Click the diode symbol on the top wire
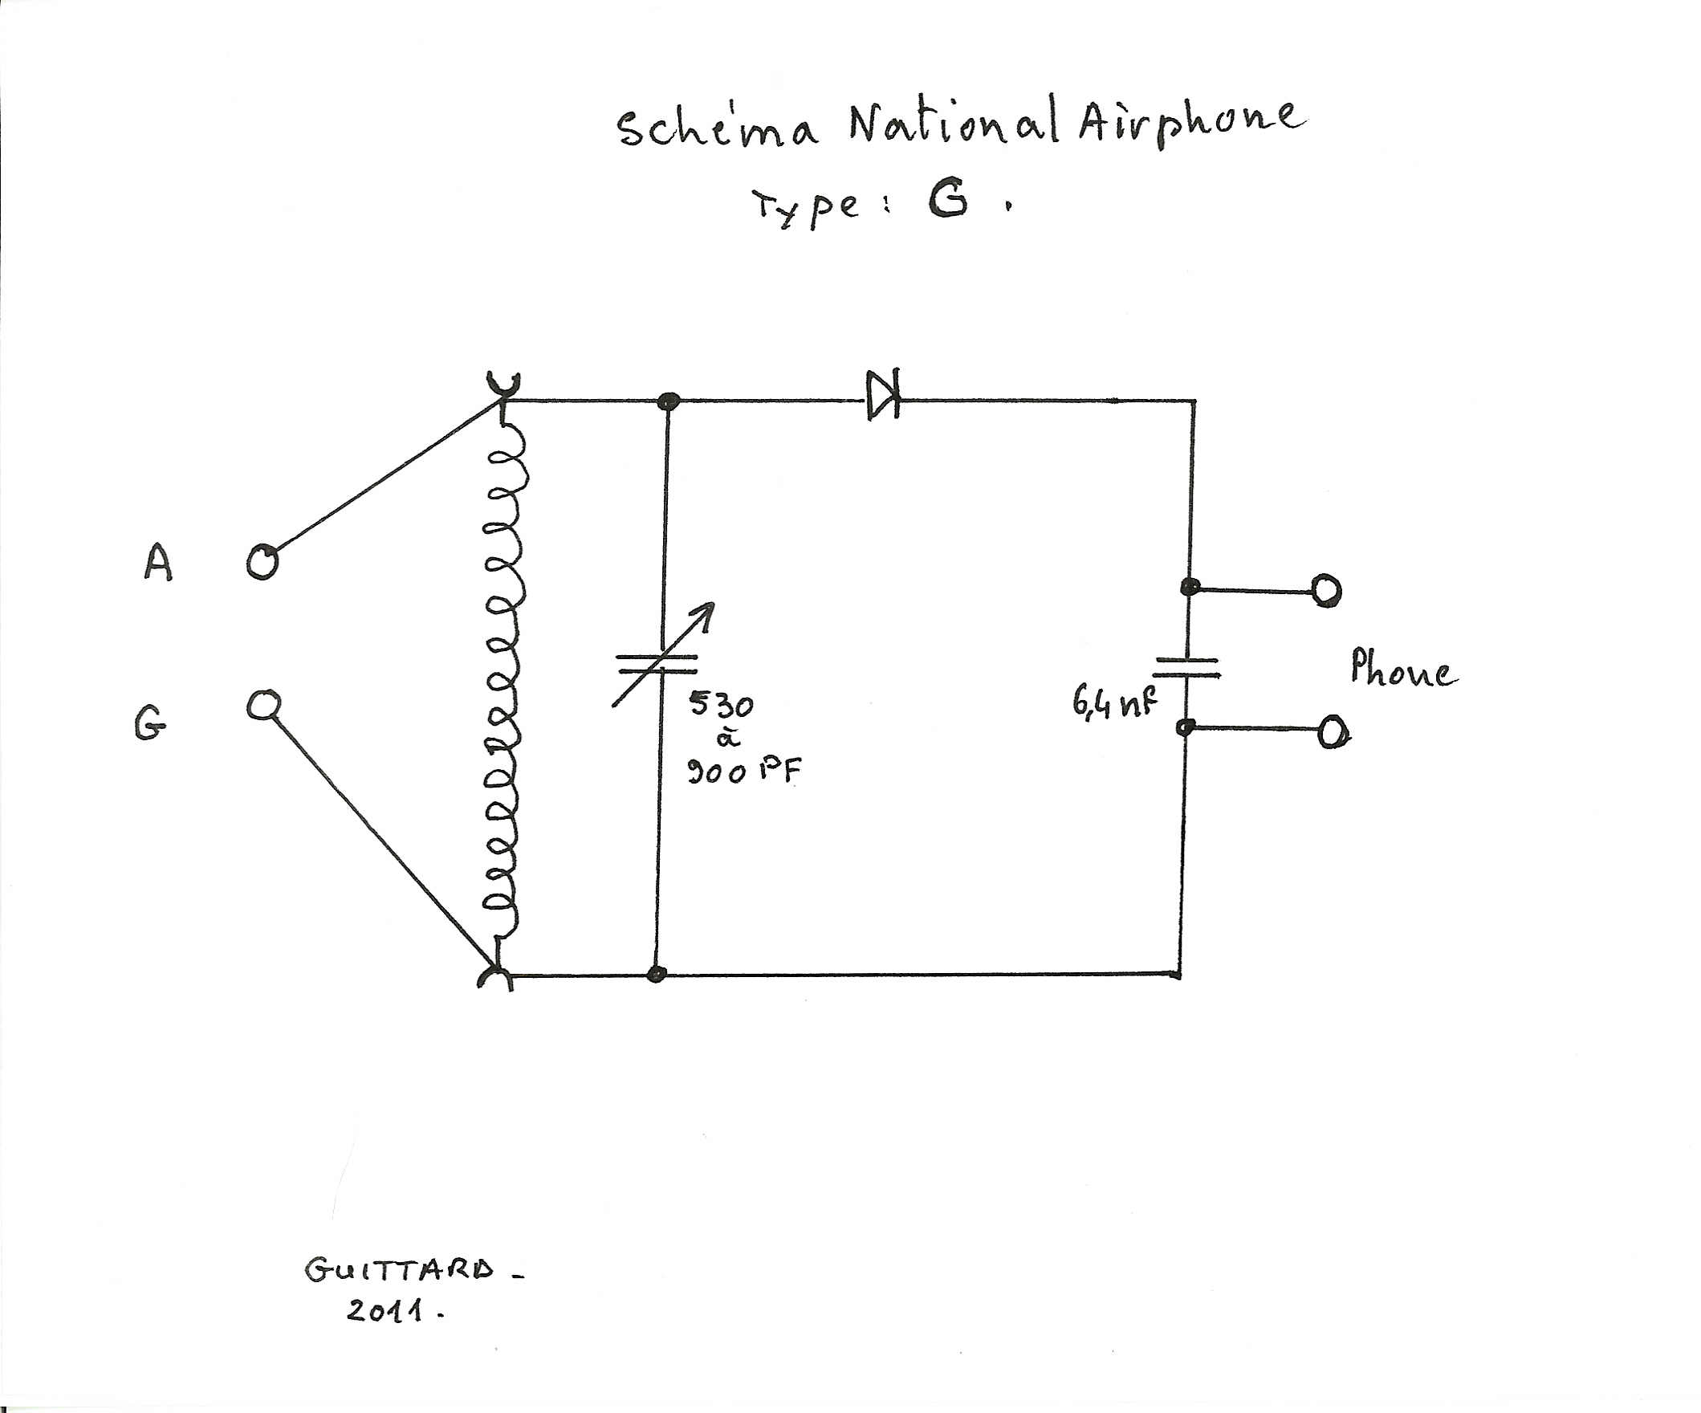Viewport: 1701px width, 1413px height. (x=882, y=396)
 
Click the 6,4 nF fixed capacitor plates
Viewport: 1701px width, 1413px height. (x=1186, y=667)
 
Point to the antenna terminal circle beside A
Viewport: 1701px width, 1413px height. (x=262, y=560)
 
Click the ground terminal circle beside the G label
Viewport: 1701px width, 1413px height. (x=263, y=705)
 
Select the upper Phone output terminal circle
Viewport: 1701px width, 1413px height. (x=1326, y=591)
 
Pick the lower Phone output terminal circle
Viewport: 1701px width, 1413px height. (x=1332, y=733)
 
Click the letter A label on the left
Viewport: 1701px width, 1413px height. (x=158, y=562)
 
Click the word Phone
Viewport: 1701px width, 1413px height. (x=1403, y=670)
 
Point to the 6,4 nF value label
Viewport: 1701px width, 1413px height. (x=1113, y=702)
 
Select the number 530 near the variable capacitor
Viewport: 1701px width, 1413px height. (x=720, y=704)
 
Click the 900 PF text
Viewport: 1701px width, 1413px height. (x=743, y=772)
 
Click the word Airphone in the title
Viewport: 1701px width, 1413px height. (x=1190, y=121)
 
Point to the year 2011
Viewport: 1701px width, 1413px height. (x=385, y=1310)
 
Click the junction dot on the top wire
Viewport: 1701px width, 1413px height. (x=668, y=400)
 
